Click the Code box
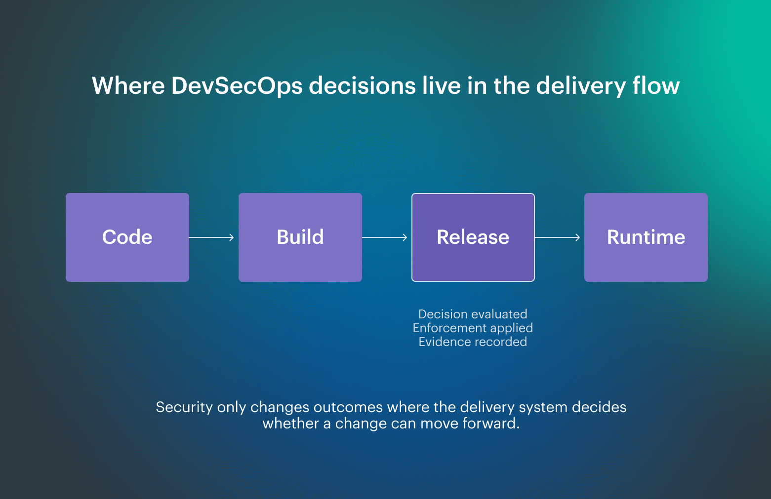tap(127, 237)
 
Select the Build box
tap(300, 237)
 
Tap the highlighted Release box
tap(473, 237)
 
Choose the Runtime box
tap(646, 237)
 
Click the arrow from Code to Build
tap(212, 237)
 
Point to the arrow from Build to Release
tap(385, 237)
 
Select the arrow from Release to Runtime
tap(558, 237)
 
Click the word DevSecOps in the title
tap(237, 86)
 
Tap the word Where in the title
tap(128, 86)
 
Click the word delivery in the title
tap(581, 86)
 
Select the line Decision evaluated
tap(473, 314)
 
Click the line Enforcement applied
tap(473, 328)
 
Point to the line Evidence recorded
tap(473, 342)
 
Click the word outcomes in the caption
tap(348, 407)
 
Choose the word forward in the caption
tap(490, 423)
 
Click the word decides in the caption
tap(599, 407)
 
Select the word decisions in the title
tap(362, 86)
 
